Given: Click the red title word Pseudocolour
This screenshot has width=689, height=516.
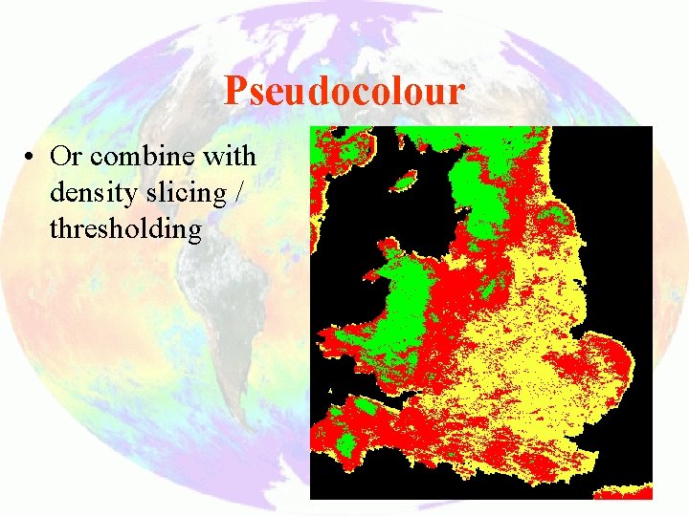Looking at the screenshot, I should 344,91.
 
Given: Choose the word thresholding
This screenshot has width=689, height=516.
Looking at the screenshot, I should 125,229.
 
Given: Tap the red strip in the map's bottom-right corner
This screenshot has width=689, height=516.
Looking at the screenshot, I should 624,494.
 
